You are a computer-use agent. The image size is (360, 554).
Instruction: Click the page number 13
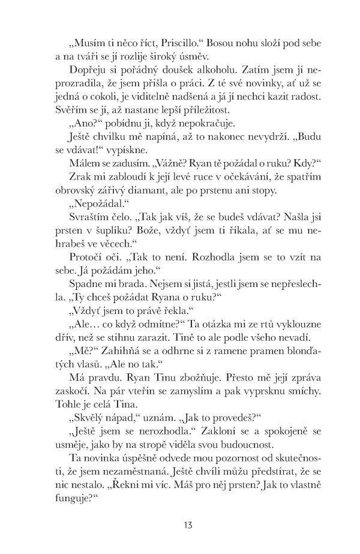click(188, 526)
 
